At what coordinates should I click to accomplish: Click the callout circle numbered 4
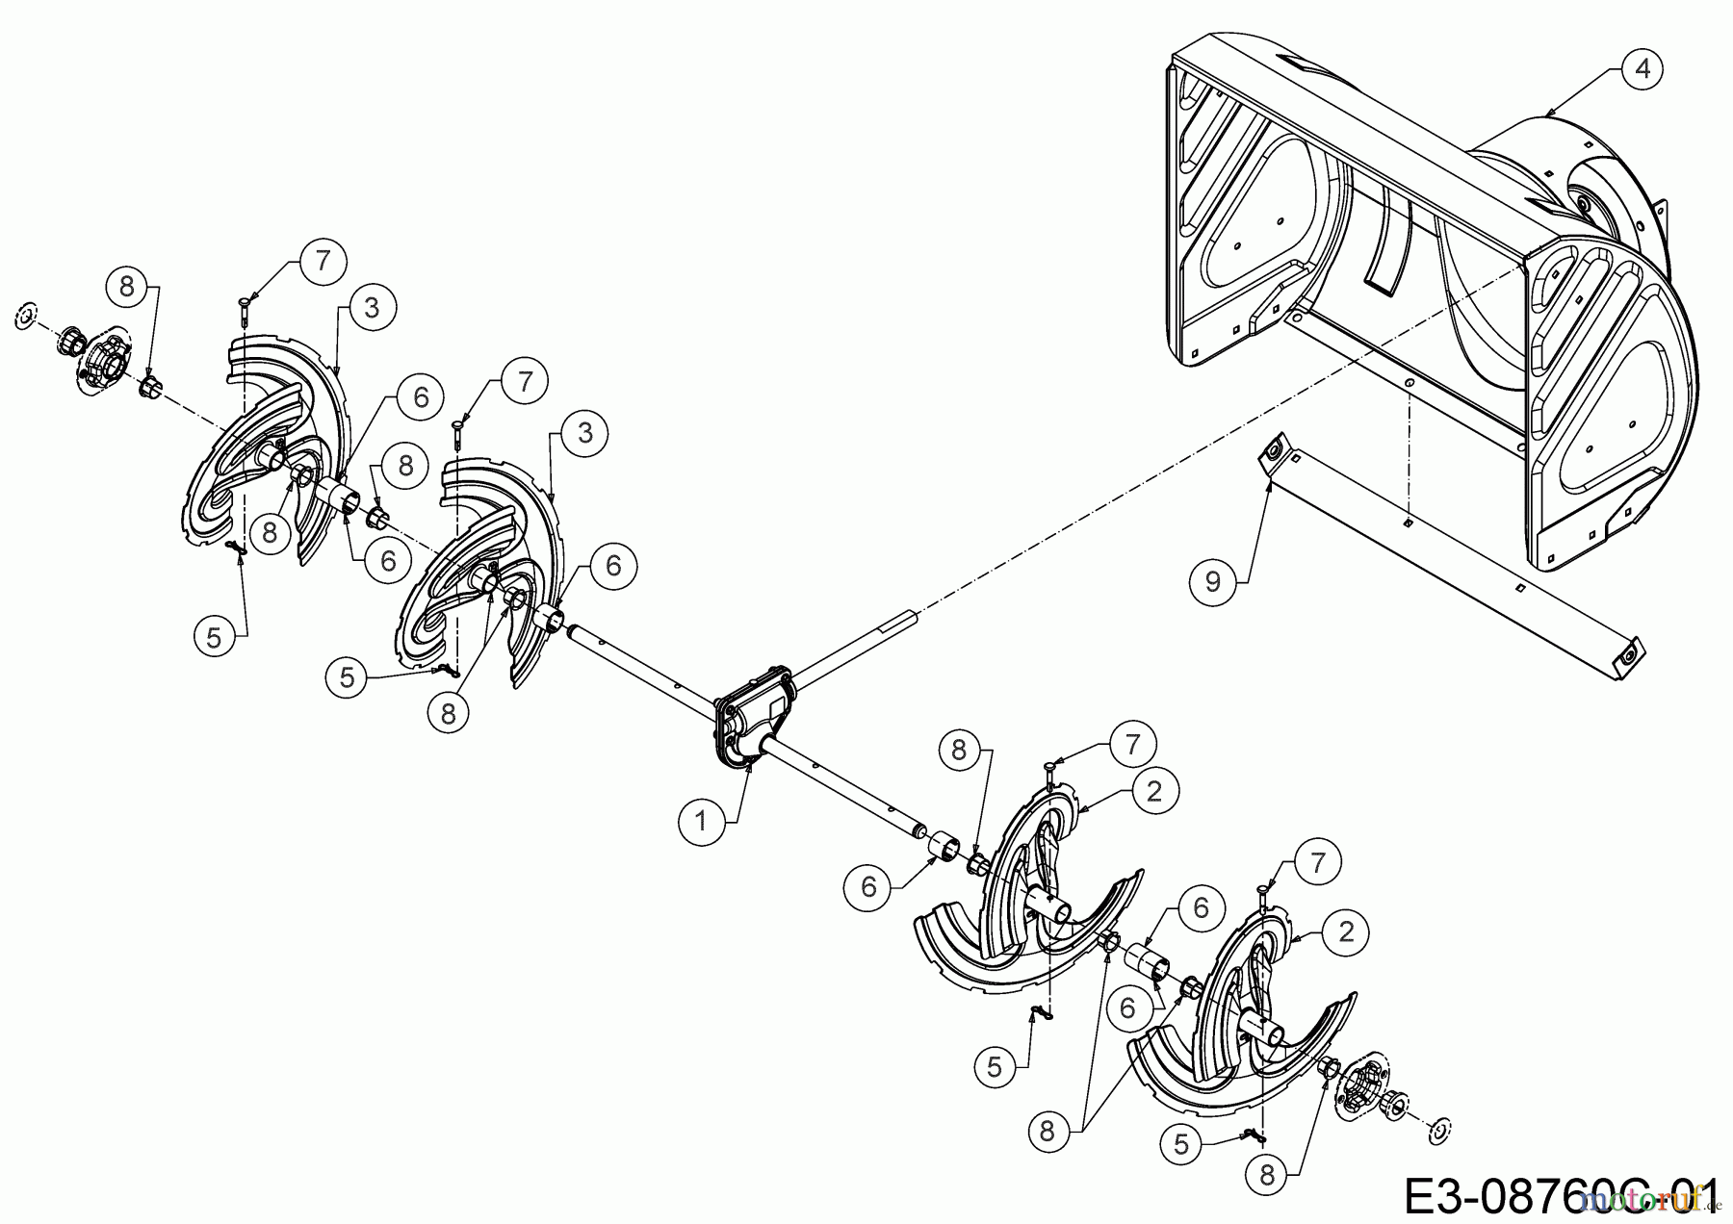click(1642, 68)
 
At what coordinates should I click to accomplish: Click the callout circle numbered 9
click(1213, 582)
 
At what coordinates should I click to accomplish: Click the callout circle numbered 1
click(701, 822)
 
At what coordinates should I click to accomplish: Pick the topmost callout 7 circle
click(322, 260)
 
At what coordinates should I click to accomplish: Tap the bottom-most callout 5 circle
click(1183, 1143)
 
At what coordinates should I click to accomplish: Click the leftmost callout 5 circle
click(214, 637)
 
